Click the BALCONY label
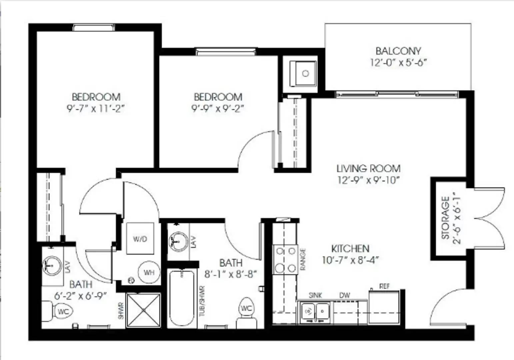coord(398,51)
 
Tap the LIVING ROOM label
coord(368,168)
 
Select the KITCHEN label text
coord(350,249)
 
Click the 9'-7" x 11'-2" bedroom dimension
coord(96,109)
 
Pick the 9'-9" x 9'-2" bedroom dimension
coord(218,109)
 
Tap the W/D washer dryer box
coord(140,239)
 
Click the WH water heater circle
coord(149,273)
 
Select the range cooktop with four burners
coord(285,259)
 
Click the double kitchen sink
coord(315,312)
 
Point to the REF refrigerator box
coord(384,307)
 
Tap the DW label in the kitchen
coord(345,295)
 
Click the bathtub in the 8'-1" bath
coord(181,298)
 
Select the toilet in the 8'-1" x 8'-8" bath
coord(247,313)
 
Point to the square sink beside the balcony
coord(303,73)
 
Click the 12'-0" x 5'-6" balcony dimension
coord(398,62)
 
